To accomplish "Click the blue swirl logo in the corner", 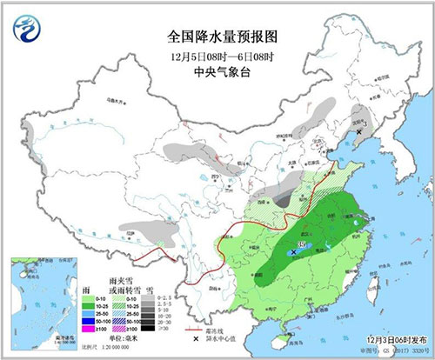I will pos(27,27).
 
